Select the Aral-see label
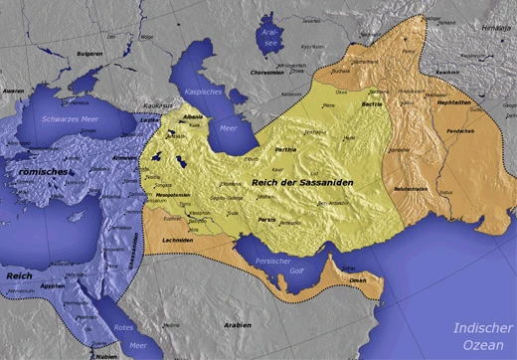tap(269, 37)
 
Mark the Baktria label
tap(370, 102)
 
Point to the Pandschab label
tap(460, 131)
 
